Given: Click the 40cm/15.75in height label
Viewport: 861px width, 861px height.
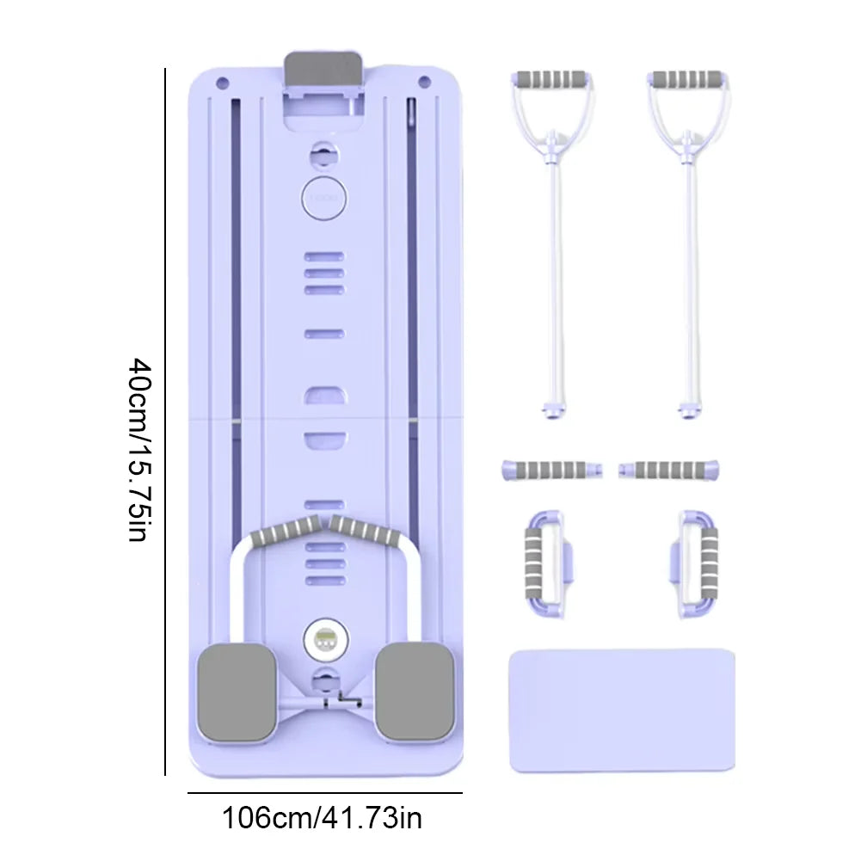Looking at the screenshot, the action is point(139,450).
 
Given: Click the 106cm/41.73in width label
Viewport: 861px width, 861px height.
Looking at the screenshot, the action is point(322,818).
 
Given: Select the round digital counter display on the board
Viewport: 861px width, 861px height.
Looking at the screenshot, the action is point(326,640).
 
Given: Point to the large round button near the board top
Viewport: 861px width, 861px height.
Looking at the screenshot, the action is point(323,198).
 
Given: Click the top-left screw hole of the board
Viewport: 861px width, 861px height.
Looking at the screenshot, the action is point(223,83).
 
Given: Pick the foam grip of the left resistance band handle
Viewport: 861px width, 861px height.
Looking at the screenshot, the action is point(550,79).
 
